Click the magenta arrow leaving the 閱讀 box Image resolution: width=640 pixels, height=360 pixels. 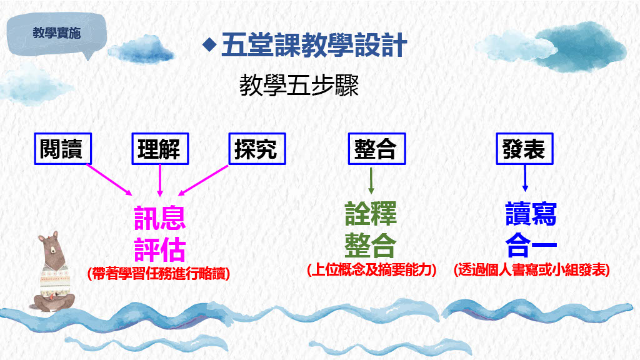(109, 179)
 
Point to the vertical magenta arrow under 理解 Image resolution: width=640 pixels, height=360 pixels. (160, 181)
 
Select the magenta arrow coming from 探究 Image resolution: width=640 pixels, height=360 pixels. (203, 180)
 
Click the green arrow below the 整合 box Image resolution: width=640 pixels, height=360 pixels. (371, 181)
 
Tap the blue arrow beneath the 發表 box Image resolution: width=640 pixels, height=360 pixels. (525, 178)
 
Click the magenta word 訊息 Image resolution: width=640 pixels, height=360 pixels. (160, 218)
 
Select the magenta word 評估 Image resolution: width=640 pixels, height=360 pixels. (160, 249)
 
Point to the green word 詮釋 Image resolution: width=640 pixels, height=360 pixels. (371, 214)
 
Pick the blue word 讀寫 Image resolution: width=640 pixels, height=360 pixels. (531, 214)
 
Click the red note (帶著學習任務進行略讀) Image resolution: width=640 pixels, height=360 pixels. (159, 273)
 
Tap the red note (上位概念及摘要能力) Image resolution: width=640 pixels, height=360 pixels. (372, 270)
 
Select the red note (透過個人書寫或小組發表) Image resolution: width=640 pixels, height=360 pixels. (532, 270)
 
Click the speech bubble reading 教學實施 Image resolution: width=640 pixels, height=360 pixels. (57, 34)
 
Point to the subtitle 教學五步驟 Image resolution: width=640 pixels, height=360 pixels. (299, 86)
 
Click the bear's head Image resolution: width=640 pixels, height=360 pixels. (52, 247)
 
